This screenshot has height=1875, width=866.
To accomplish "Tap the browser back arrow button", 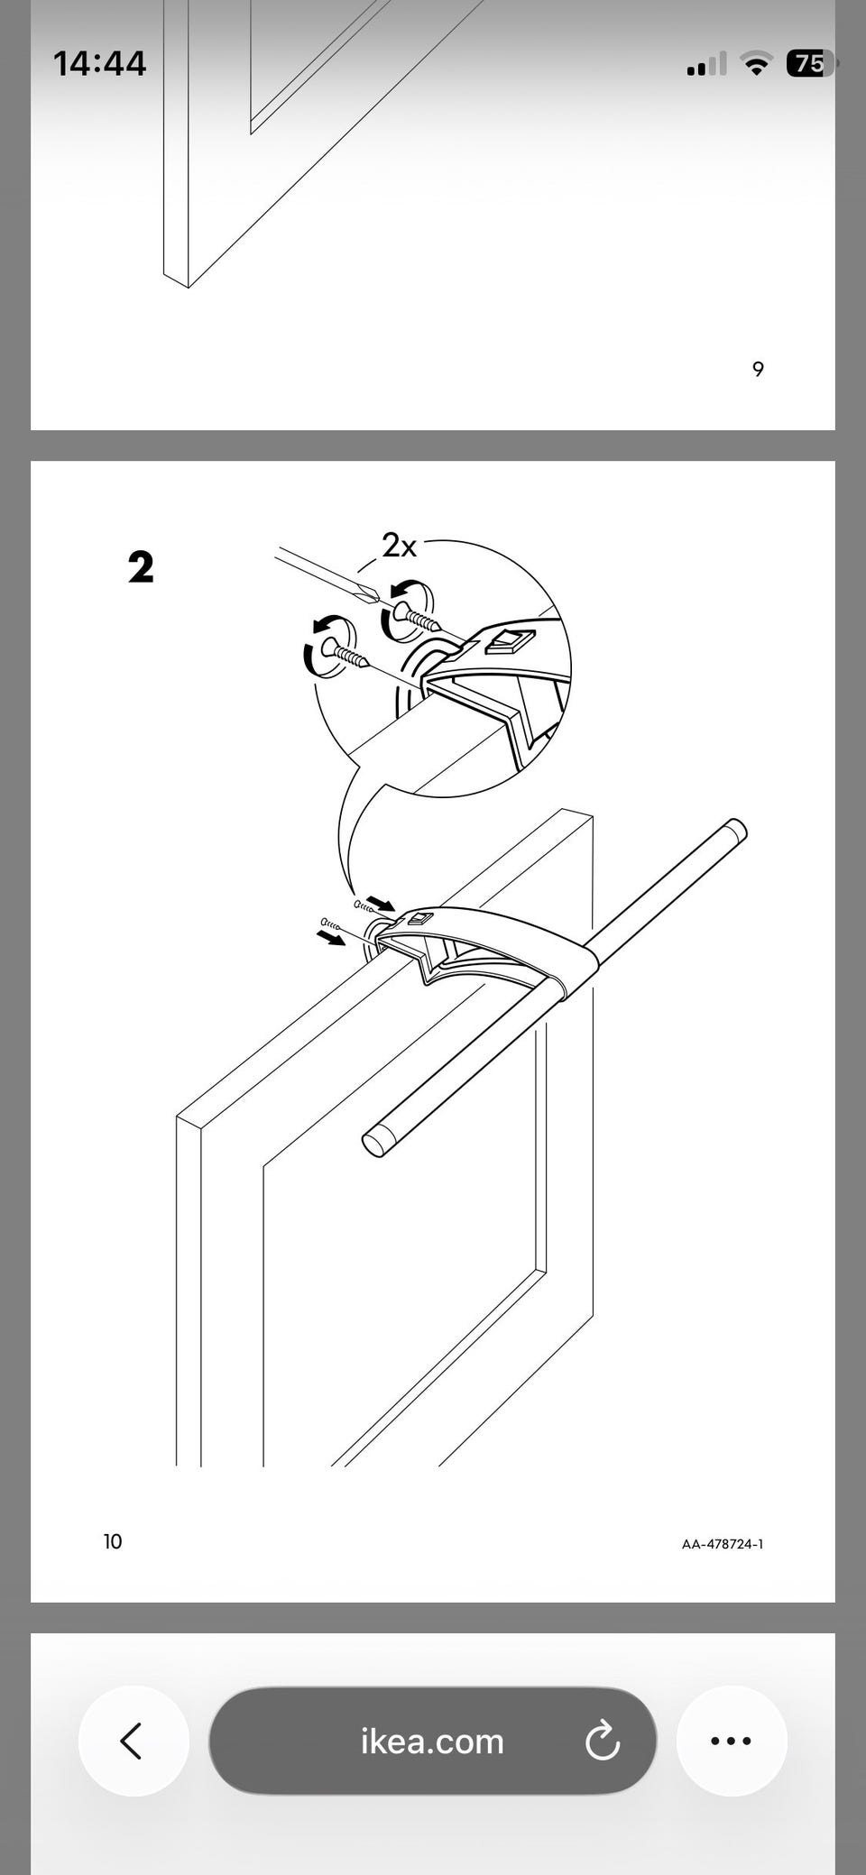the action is coord(134,1741).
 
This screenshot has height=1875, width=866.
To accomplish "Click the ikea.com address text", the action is coord(432,1742).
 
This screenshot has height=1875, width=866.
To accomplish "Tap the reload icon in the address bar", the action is coord(602,1741).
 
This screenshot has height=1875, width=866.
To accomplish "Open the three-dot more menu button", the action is coord(732,1741).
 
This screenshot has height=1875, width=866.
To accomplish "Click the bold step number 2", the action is coord(141,567).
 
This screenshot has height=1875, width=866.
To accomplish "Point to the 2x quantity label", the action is coord(400,546).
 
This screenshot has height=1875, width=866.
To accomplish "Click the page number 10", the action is coord(113,1541).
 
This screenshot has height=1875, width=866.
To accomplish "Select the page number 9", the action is coord(758,369).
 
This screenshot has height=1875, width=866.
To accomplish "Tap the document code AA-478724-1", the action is coord(723,1544).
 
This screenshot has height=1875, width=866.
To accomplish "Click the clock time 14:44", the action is coord(99,63).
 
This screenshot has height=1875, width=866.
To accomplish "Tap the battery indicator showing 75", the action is coord(809,63).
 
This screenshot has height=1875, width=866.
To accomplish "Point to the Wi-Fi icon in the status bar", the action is coord(756,63).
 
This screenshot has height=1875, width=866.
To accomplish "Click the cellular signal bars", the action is coord(706,63).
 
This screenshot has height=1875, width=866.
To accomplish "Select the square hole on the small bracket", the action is coord(420,920).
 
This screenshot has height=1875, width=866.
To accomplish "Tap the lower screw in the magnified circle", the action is coord(348,655).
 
